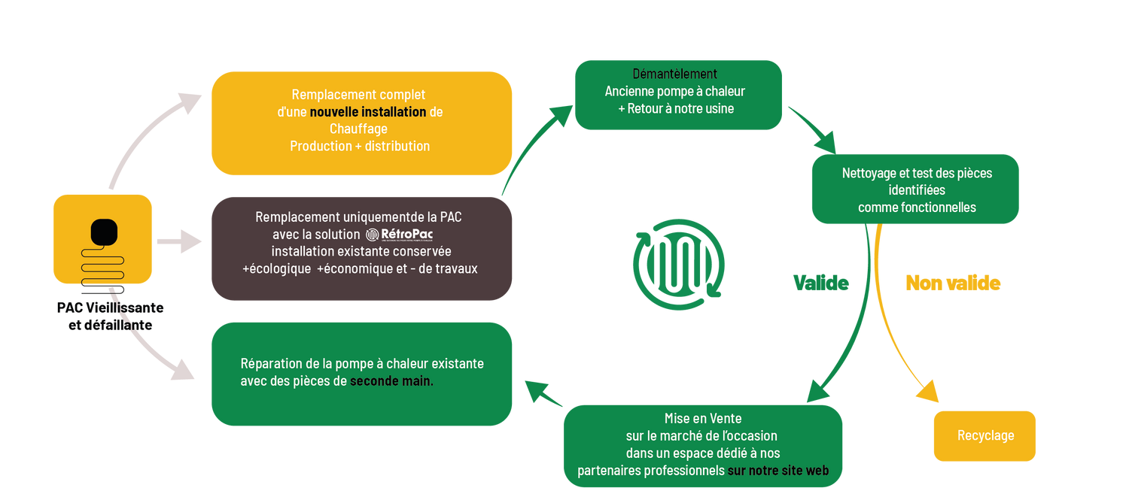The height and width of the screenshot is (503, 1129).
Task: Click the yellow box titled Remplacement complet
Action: coord(361,123)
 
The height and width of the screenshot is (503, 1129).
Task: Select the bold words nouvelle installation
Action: coord(367,112)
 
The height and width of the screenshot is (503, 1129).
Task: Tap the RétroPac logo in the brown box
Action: coord(405,235)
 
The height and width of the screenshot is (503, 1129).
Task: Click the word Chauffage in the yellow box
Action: coord(358,129)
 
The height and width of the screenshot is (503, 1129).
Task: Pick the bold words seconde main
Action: coord(391,381)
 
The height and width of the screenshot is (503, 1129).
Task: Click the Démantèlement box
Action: coord(678,95)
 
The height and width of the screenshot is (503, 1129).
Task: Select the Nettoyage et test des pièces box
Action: coord(915,189)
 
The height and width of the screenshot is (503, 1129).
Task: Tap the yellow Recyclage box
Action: coord(984,436)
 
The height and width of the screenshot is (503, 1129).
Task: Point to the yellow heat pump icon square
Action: coord(102,238)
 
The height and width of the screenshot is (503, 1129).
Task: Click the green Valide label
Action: coord(820,283)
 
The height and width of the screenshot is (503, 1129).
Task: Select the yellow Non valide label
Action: coord(952,283)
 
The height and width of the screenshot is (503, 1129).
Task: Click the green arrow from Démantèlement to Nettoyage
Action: coord(813,128)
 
